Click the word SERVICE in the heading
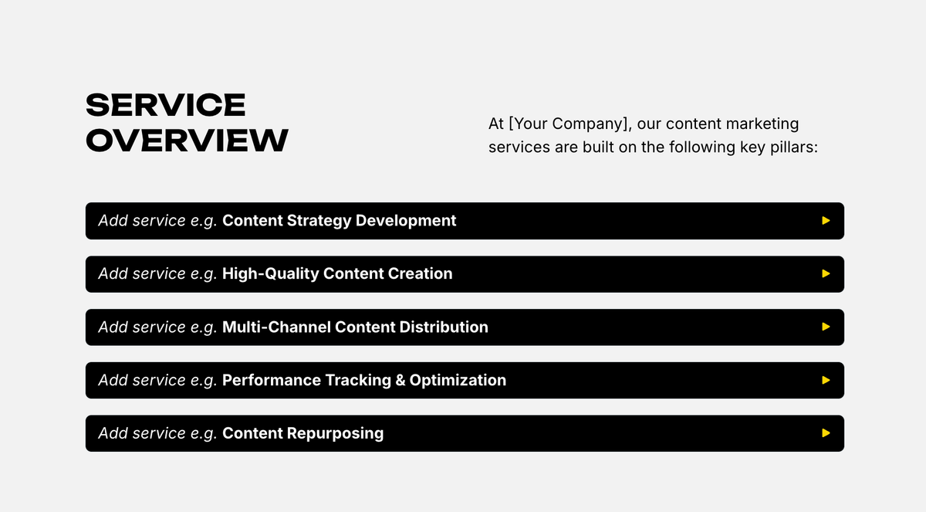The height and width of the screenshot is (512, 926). pos(165,105)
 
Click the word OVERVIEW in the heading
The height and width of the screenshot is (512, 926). pos(187,141)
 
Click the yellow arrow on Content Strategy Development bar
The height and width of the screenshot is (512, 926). pos(826,221)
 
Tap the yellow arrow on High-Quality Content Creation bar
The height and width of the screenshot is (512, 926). pos(826,273)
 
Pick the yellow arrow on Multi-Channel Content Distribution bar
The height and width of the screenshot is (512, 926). pos(826,327)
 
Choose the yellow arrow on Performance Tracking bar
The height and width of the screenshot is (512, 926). pos(826,380)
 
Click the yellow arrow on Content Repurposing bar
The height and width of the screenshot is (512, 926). pos(826,433)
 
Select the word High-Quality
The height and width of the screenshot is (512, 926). pos(270,273)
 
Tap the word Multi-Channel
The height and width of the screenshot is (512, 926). pos(276,327)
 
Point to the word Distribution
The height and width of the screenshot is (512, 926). pos(443,327)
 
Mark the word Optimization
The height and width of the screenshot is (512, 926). pos(458,380)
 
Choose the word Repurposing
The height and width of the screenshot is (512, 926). pos(335,433)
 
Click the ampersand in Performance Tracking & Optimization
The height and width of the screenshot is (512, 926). pos(400,380)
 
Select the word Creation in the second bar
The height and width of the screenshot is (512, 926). pos(423,273)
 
